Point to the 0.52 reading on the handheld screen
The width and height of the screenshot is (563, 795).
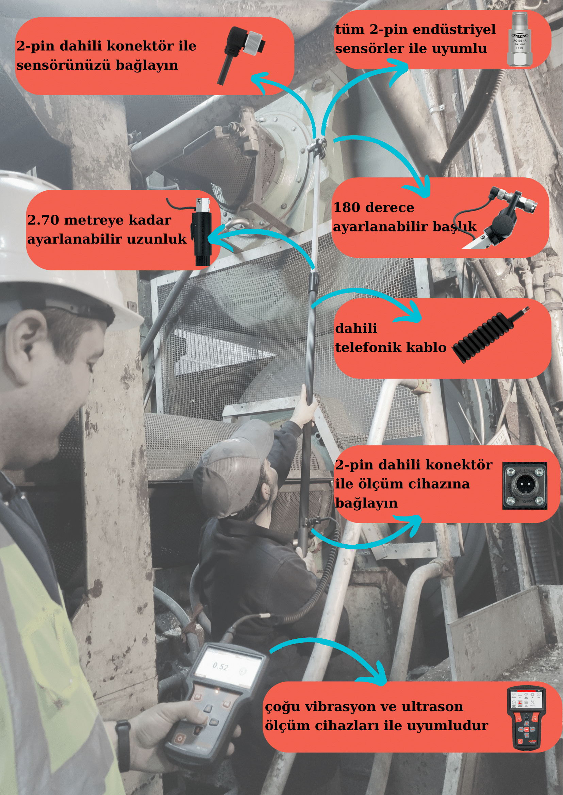pos(220,666)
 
